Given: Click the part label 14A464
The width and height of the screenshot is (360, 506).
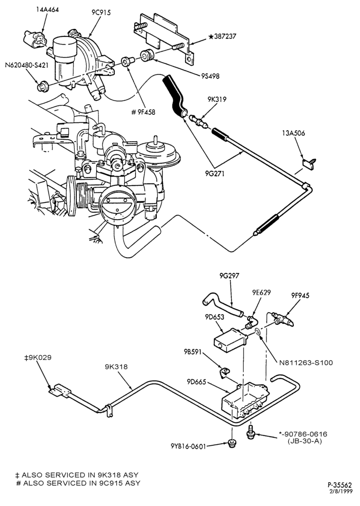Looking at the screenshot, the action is (47, 10).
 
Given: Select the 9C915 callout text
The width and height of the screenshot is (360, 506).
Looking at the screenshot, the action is (101, 13).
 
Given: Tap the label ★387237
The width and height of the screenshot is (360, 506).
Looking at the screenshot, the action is (222, 36).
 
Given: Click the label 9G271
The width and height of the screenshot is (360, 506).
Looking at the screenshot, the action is (214, 174).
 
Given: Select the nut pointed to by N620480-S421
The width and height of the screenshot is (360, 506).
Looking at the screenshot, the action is (42, 86).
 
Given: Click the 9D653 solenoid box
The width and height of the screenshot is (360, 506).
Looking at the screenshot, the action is (230, 340).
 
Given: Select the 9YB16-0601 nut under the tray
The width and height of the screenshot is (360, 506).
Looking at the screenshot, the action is (231, 444).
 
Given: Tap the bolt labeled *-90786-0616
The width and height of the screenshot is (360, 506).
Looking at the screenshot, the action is (251, 432).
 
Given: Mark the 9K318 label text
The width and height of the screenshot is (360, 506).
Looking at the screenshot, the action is (116, 366).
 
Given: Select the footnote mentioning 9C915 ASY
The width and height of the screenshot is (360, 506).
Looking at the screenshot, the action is (78, 483).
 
